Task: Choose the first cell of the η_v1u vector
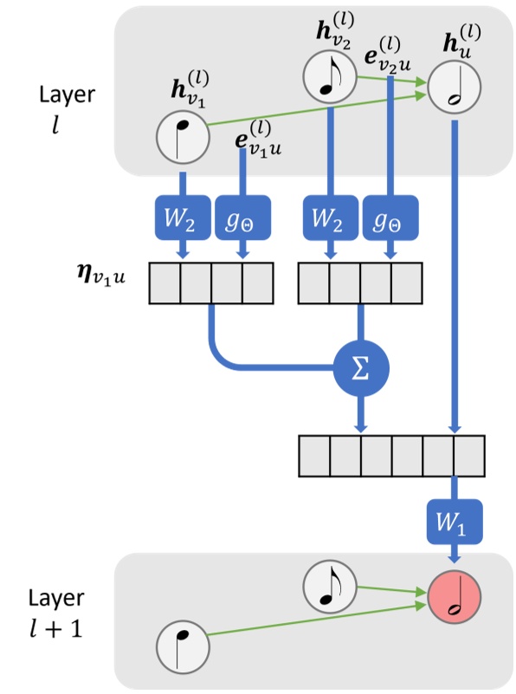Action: click(165, 282)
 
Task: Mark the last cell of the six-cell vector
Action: click(468, 455)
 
